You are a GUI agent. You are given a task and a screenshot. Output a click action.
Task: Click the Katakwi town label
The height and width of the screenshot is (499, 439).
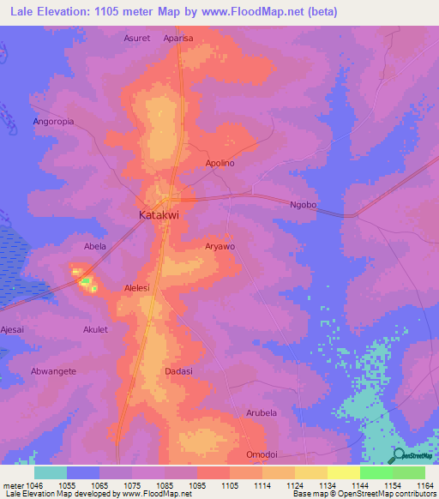159,216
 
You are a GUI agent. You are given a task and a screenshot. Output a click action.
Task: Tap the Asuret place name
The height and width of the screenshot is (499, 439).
137,39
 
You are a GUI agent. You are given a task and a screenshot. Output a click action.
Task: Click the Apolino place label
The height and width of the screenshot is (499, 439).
220,163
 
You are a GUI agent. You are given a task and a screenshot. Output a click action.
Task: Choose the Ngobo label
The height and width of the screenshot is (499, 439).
304,205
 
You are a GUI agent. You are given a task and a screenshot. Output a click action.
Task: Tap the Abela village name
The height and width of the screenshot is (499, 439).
94,246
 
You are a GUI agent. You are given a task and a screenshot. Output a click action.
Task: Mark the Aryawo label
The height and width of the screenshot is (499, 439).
220,246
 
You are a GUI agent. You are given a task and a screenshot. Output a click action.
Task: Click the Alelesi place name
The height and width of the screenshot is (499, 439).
138,288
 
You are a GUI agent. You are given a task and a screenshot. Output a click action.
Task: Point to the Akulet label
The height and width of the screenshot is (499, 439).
95,329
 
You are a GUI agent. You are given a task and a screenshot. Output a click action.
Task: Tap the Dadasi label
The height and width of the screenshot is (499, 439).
178,371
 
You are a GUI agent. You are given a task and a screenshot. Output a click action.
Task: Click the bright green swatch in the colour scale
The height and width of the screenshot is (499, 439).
376,472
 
